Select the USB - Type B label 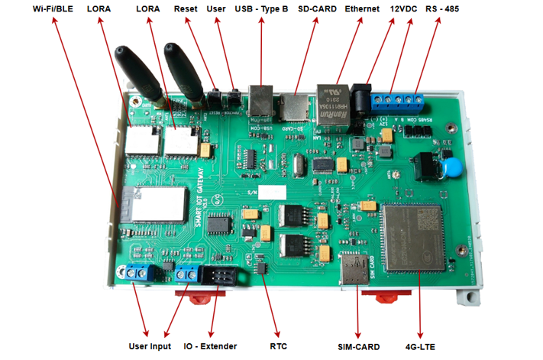tap(260, 9)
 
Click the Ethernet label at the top tap(362, 9)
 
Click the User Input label tap(150, 346)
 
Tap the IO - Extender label tap(210, 346)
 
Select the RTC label tap(280, 346)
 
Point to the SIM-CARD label tap(359, 346)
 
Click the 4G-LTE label tap(420, 346)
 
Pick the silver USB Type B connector tap(262, 99)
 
